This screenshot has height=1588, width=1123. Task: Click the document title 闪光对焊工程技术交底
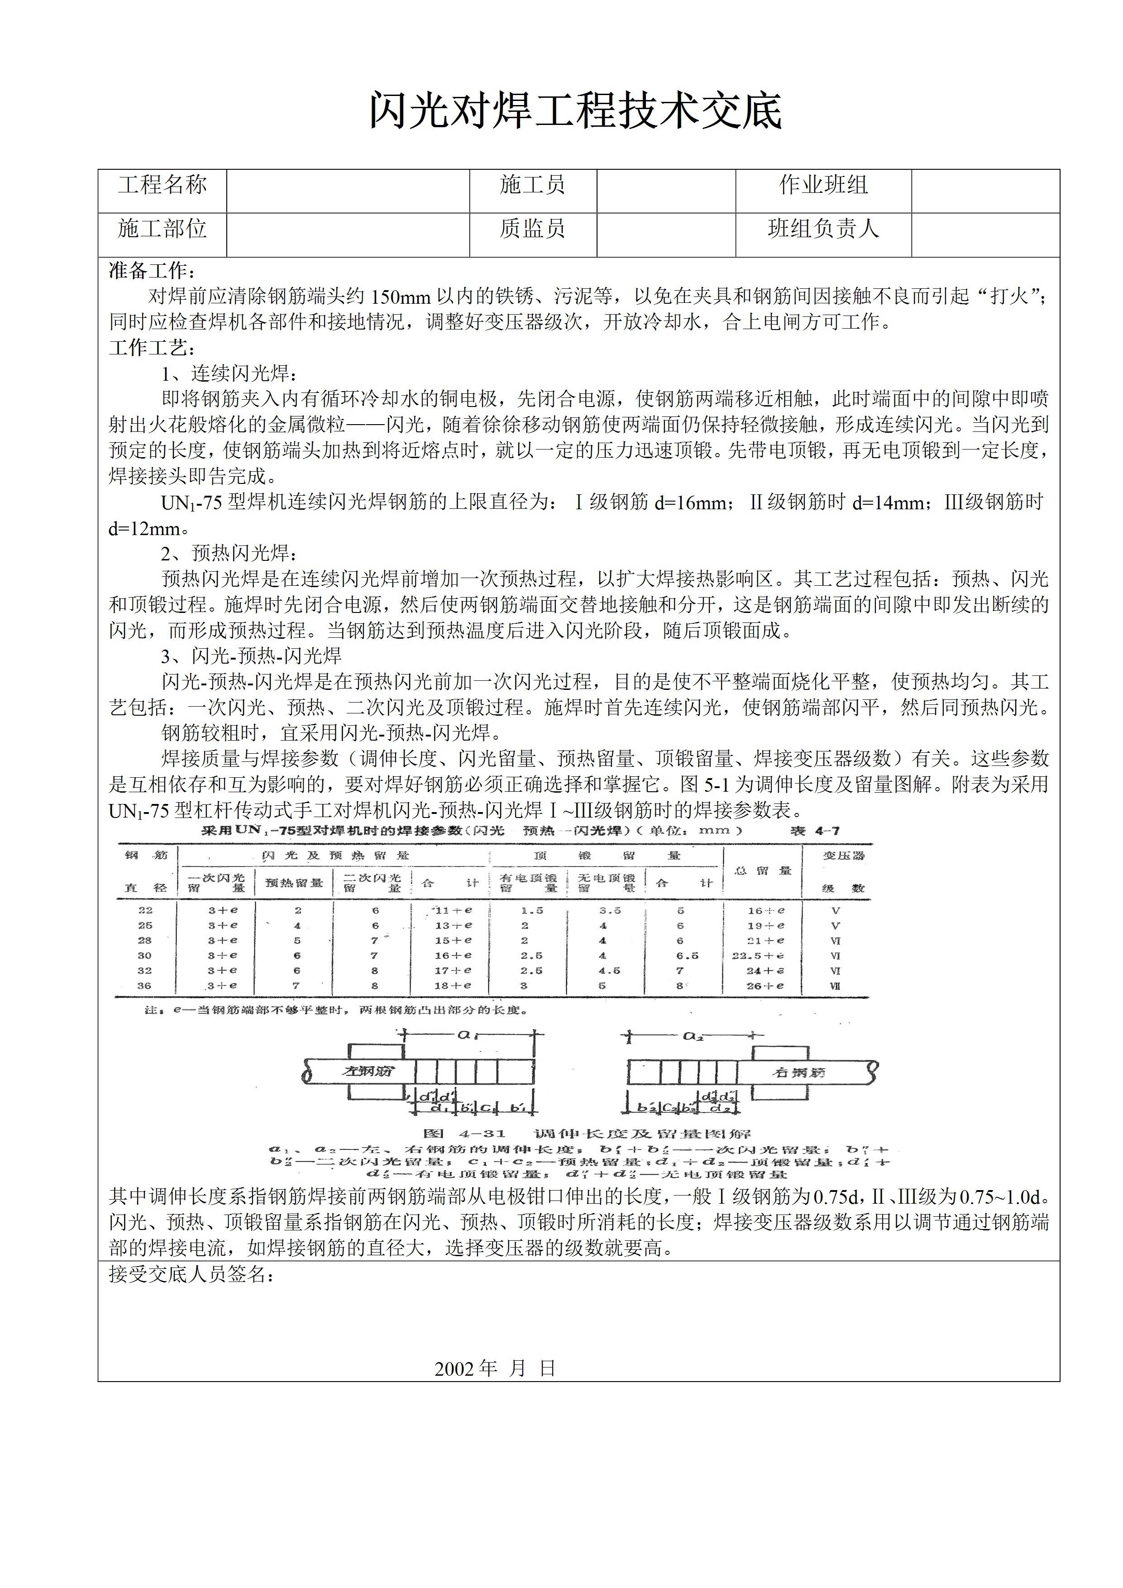point(575,110)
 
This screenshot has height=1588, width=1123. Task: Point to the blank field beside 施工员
point(665,191)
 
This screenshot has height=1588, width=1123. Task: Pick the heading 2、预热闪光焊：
point(229,553)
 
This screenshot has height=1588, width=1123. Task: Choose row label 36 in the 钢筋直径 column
point(144,985)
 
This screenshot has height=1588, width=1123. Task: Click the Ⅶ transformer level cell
point(835,985)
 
